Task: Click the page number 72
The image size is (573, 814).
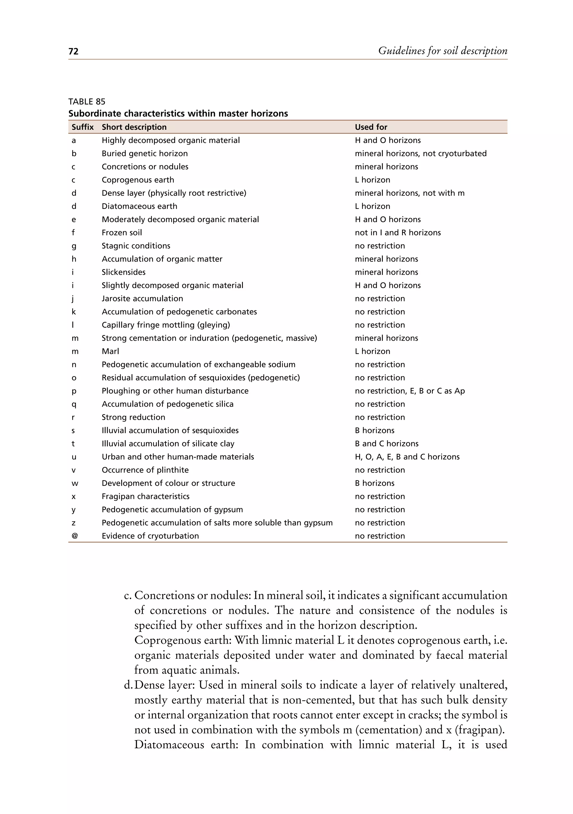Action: [73, 51]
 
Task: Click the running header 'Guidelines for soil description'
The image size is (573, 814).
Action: [443, 51]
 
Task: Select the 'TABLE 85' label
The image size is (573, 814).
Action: [87, 102]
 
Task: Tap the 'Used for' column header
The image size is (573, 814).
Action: [371, 127]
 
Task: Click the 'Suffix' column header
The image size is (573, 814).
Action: [83, 127]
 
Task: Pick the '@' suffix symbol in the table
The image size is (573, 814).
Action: [74, 536]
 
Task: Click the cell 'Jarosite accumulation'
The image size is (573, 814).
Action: [142, 298]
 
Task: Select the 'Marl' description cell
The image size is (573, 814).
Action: [110, 351]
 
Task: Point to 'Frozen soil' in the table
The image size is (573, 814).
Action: [122, 232]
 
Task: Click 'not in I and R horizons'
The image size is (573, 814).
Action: [398, 232]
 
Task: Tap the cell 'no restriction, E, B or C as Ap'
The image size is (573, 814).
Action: [410, 391]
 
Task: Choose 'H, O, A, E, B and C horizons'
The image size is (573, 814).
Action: [407, 457]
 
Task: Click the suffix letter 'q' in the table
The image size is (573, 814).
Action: [74, 404]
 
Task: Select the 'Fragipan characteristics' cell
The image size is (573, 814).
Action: [145, 496]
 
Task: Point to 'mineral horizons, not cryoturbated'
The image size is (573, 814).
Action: [421, 154]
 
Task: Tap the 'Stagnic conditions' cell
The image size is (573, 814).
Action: [136, 246]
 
